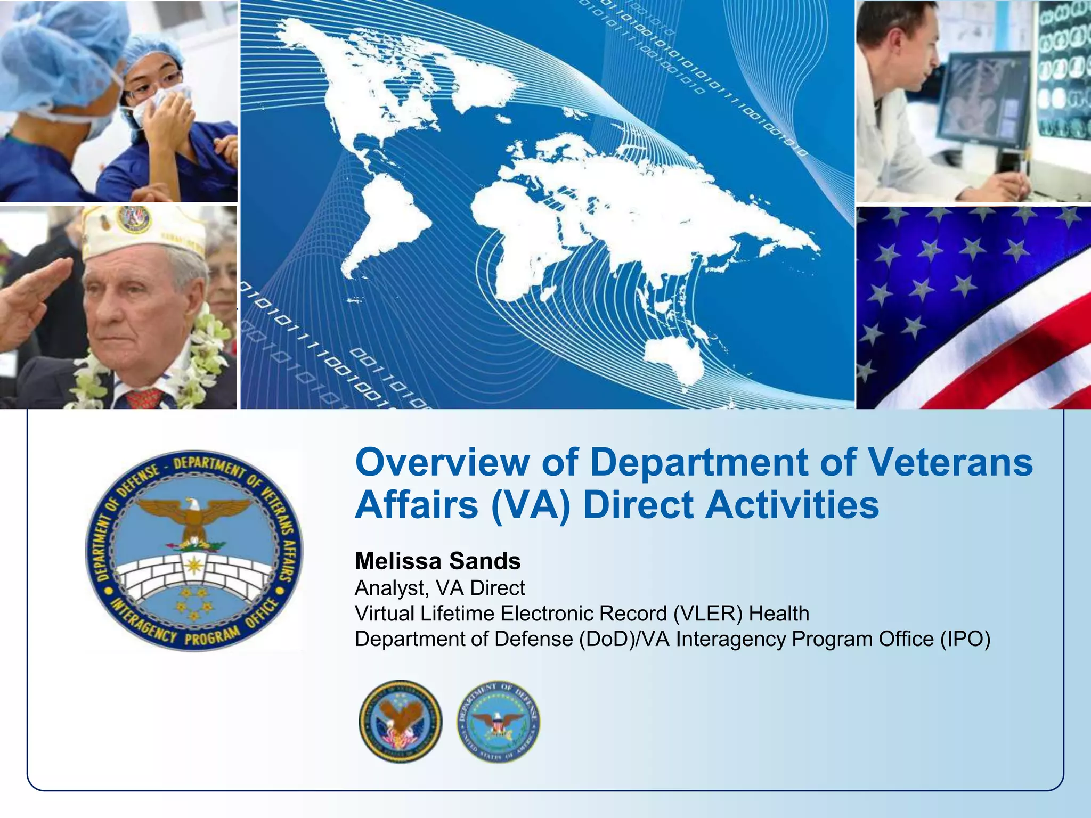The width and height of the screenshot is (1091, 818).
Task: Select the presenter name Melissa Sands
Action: pyautogui.click(x=437, y=561)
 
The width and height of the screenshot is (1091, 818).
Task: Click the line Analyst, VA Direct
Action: pyautogui.click(x=439, y=588)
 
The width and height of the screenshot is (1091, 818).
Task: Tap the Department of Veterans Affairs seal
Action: pyautogui.click(x=400, y=722)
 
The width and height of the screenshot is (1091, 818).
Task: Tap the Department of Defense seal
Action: pyautogui.click(x=498, y=722)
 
